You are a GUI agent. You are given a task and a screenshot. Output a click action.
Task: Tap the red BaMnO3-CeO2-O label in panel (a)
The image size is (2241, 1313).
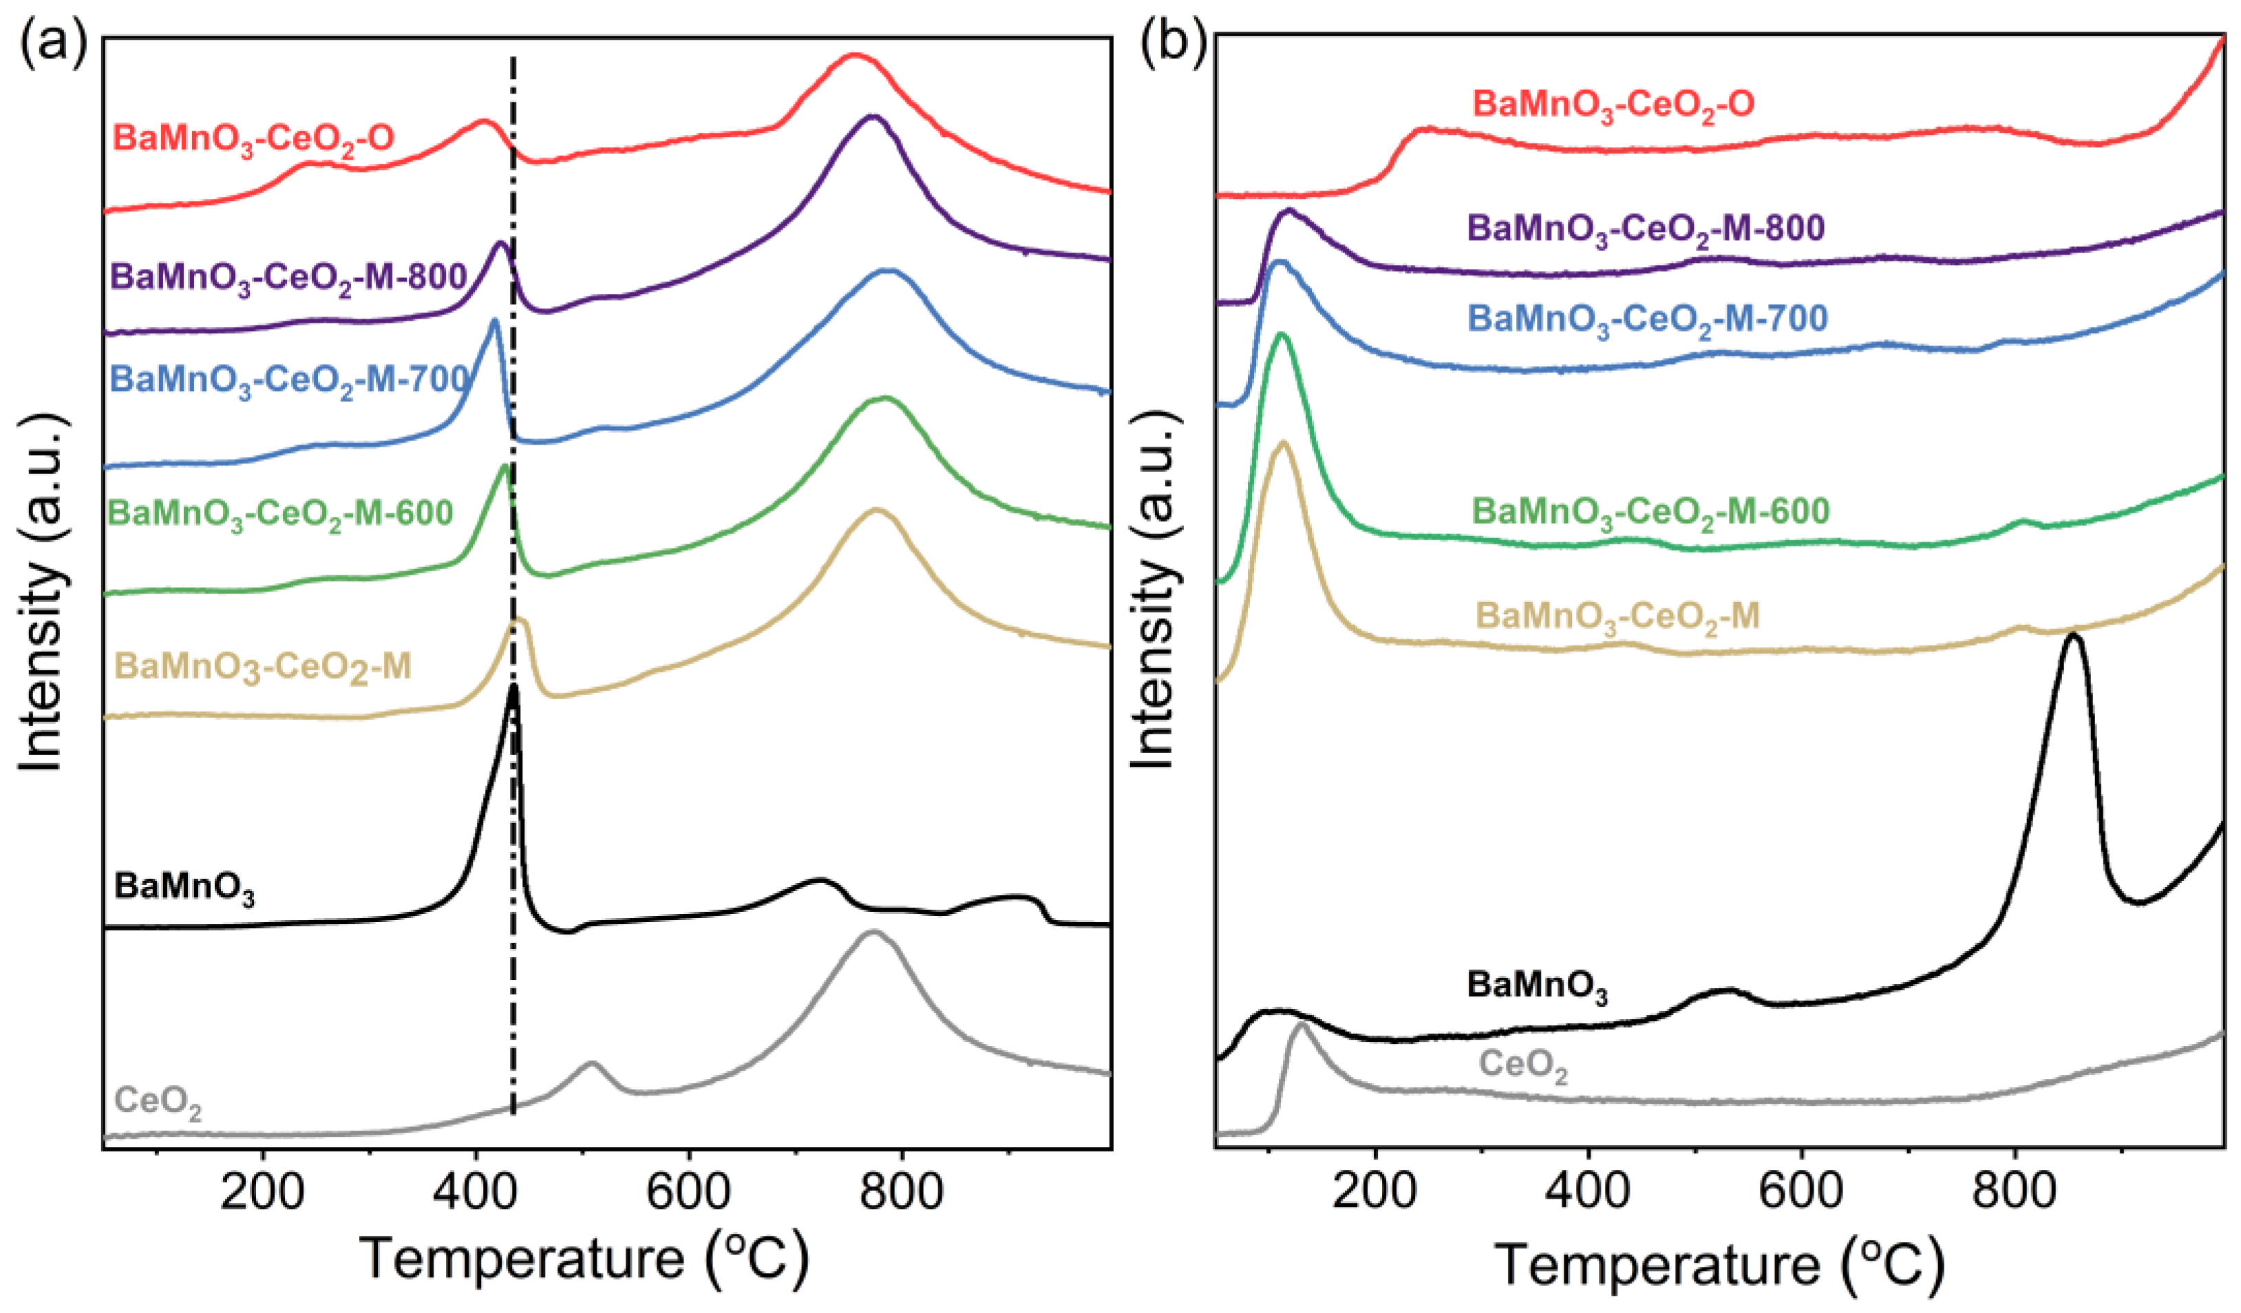(253, 140)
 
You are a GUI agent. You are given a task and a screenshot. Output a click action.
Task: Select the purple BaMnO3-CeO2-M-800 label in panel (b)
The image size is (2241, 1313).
(1645, 229)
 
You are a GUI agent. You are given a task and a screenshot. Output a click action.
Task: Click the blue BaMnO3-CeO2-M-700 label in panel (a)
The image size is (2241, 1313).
(289, 381)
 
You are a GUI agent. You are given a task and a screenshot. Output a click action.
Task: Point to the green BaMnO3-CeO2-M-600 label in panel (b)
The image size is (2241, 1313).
(1650, 512)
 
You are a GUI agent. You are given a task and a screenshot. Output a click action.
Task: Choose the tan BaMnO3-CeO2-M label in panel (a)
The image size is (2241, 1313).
(263, 667)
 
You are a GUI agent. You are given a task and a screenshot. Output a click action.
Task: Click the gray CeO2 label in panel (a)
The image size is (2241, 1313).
(158, 1102)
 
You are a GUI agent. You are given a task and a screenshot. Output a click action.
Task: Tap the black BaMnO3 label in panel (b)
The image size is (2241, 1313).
(1537, 987)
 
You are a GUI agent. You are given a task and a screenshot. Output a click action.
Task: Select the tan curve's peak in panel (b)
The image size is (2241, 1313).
(1282, 442)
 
